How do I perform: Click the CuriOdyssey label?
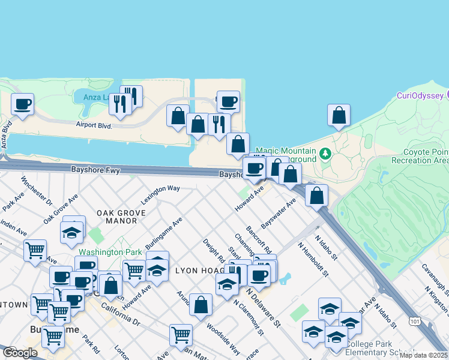[x=420, y=95]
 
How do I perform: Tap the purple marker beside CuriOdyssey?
[x=446, y=95]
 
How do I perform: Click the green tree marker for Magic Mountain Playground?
[x=325, y=154]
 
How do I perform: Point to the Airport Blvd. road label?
[x=94, y=125]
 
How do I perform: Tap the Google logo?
[x=20, y=353]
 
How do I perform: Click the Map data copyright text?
[x=423, y=355]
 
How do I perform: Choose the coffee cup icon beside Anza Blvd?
[x=22, y=104]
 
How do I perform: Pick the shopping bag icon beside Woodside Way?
[x=200, y=305]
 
